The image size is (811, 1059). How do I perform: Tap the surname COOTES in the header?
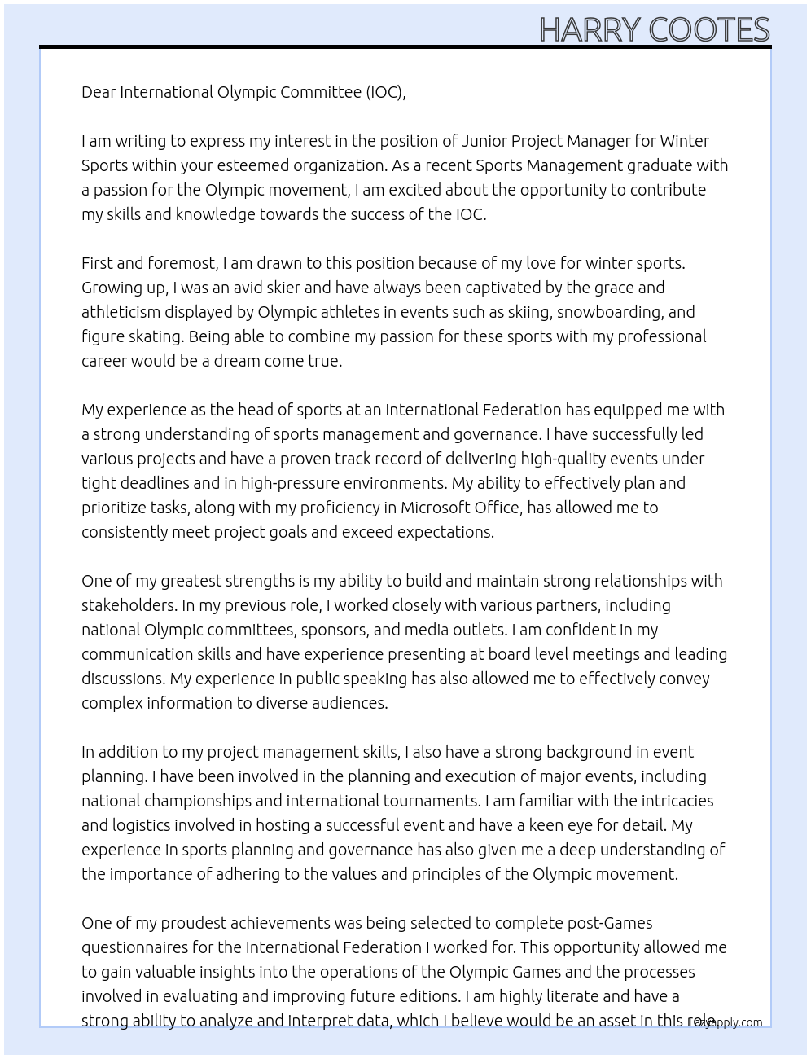pyautogui.click(x=709, y=30)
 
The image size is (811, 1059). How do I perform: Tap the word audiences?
pyautogui.click(x=350, y=703)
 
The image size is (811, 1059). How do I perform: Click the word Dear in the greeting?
pyautogui.click(x=99, y=92)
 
